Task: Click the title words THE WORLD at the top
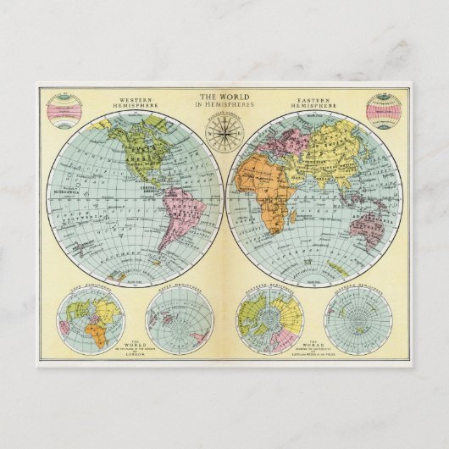click(x=224, y=96)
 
